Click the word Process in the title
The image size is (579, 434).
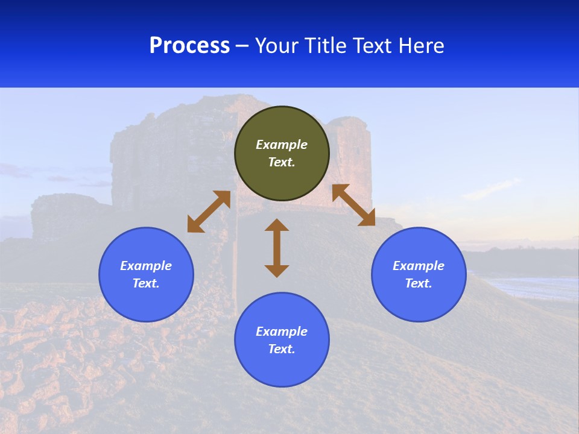(189, 46)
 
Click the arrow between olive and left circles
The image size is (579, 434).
(209, 212)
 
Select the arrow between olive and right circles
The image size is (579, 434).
(354, 205)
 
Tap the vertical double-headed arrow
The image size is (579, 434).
(277, 248)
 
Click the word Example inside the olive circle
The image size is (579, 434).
(282, 145)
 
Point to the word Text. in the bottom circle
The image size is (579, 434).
(282, 349)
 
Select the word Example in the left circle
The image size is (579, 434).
(146, 266)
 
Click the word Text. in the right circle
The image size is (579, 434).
(419, 283)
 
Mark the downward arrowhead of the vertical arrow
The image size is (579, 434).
(277, 269)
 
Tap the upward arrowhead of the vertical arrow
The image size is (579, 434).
(277, 226)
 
